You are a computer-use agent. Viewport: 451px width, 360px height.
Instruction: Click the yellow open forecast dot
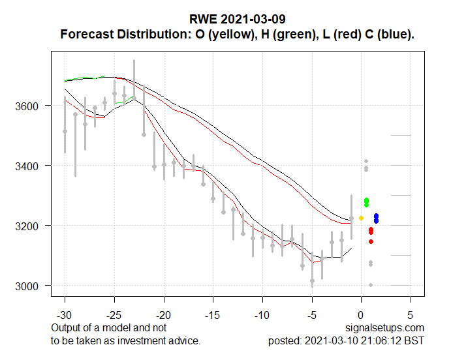361,218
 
